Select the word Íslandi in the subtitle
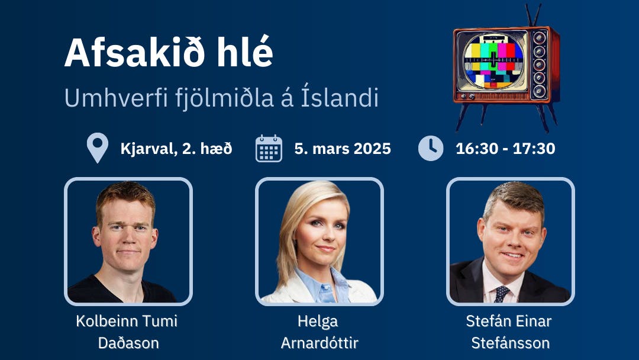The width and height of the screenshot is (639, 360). (340, 97)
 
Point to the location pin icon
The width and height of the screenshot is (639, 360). (98, 147)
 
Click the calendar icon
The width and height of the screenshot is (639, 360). (269, 149)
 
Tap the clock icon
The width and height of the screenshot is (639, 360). (431, 148)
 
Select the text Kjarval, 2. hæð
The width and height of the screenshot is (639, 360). (176, 149)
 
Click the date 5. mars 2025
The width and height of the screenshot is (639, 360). (343, 149)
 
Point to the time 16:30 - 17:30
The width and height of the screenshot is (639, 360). (505, 149)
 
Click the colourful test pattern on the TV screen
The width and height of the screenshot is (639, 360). (493, 61)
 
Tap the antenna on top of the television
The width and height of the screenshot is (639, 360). (533, 15)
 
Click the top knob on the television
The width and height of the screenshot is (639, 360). (540, 38)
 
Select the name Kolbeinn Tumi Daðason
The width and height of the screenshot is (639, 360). (127, 332)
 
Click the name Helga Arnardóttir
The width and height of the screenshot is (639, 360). (319, 332)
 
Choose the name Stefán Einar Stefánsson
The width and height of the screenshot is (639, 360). (509, 332)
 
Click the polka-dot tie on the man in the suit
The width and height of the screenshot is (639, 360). (501, 294)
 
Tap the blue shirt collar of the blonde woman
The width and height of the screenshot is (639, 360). (322, 281)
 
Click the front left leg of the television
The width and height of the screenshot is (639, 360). (462, 117)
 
